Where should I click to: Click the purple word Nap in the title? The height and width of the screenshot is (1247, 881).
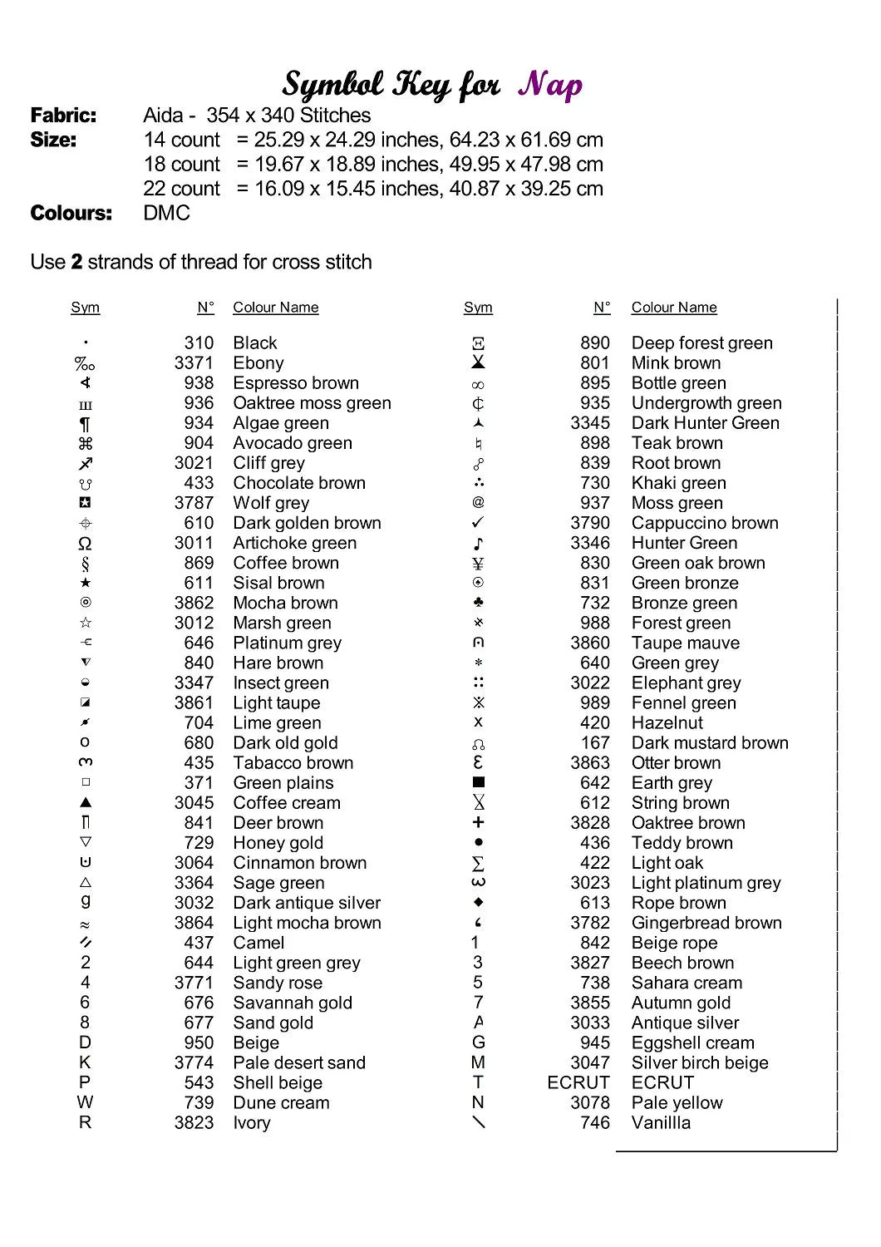550,85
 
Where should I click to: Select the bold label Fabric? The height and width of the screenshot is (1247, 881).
63,116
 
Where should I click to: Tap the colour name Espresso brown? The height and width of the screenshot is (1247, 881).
296,383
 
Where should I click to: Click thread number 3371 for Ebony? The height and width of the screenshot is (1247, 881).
194,363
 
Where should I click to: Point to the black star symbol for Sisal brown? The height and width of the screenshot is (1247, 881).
86,583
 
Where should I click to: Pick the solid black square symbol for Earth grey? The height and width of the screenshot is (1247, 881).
478,782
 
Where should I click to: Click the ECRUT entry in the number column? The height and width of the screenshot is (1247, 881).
578,1082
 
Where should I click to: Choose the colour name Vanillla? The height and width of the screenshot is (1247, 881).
661,1122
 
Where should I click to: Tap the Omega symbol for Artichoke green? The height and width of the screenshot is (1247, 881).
85,543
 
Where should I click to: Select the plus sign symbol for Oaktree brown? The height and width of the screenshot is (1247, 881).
478,822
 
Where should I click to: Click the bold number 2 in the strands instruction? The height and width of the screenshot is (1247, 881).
76,262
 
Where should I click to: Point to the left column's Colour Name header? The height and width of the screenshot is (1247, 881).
275,308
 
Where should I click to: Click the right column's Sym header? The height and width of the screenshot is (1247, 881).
478,308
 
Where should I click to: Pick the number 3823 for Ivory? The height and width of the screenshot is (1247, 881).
194,1122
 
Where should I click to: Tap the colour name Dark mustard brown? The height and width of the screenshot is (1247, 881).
710,742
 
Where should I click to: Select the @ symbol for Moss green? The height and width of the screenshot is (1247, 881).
478,502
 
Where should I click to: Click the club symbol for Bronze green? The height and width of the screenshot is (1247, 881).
478,602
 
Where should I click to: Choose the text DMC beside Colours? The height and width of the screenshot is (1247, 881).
166,213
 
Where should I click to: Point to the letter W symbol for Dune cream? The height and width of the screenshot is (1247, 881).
85,1102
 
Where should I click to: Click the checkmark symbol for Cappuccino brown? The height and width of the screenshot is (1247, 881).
478,522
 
